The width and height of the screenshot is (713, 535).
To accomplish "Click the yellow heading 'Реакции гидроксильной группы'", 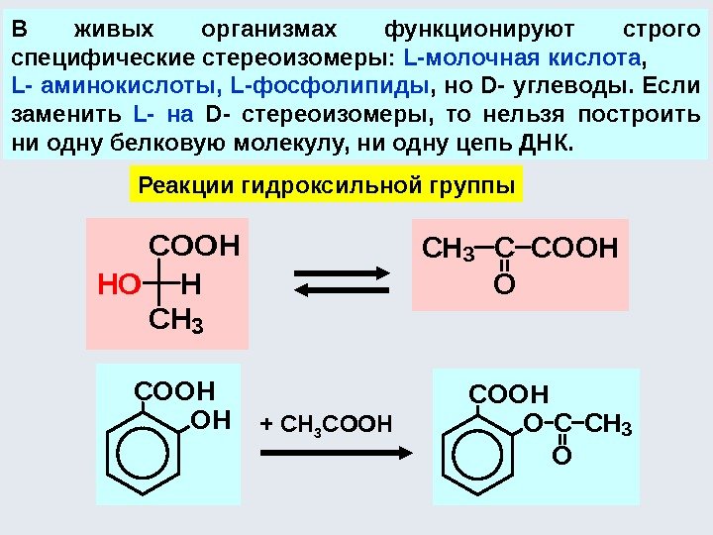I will (x=327, y=185).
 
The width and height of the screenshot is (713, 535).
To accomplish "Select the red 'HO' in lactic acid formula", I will (x=116, y=285).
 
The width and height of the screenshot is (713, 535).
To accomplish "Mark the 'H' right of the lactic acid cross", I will (x=191, y=285).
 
